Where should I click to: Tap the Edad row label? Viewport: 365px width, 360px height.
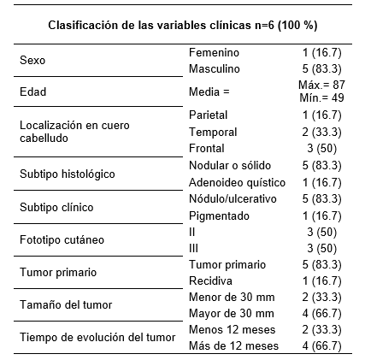33,91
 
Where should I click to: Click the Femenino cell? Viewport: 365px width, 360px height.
213,54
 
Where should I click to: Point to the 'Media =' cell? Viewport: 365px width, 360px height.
210,91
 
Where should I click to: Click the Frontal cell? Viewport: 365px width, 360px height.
205,149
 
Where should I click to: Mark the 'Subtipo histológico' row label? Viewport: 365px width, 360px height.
67,174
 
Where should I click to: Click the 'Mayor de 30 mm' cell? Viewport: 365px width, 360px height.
227,313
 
